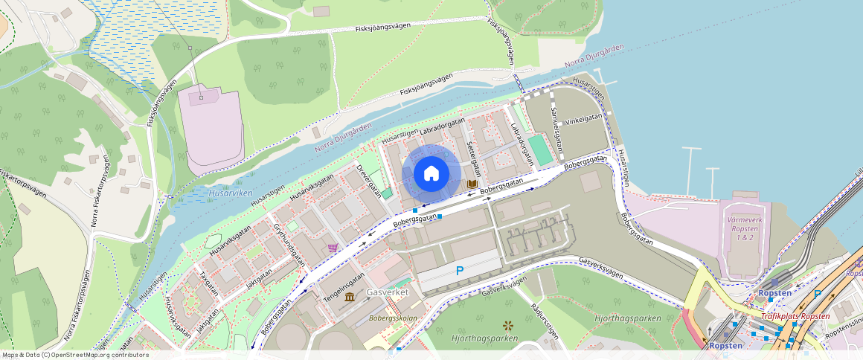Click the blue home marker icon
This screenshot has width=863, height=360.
(x=431, y=174)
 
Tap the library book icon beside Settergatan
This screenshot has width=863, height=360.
(x=471, y=184)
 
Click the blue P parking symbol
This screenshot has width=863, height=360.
(x=459, y=271)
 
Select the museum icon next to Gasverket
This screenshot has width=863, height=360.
(x=350, y=298)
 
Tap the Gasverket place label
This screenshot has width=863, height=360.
(x=388, y=293)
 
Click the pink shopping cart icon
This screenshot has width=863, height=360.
(x=332, y=247)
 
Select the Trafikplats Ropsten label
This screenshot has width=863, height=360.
(x=795, y=316)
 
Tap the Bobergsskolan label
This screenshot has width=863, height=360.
(x=391, y=318)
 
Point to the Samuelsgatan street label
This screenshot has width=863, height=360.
(x=556, y=120)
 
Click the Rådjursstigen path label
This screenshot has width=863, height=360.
(x=544, y=320)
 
